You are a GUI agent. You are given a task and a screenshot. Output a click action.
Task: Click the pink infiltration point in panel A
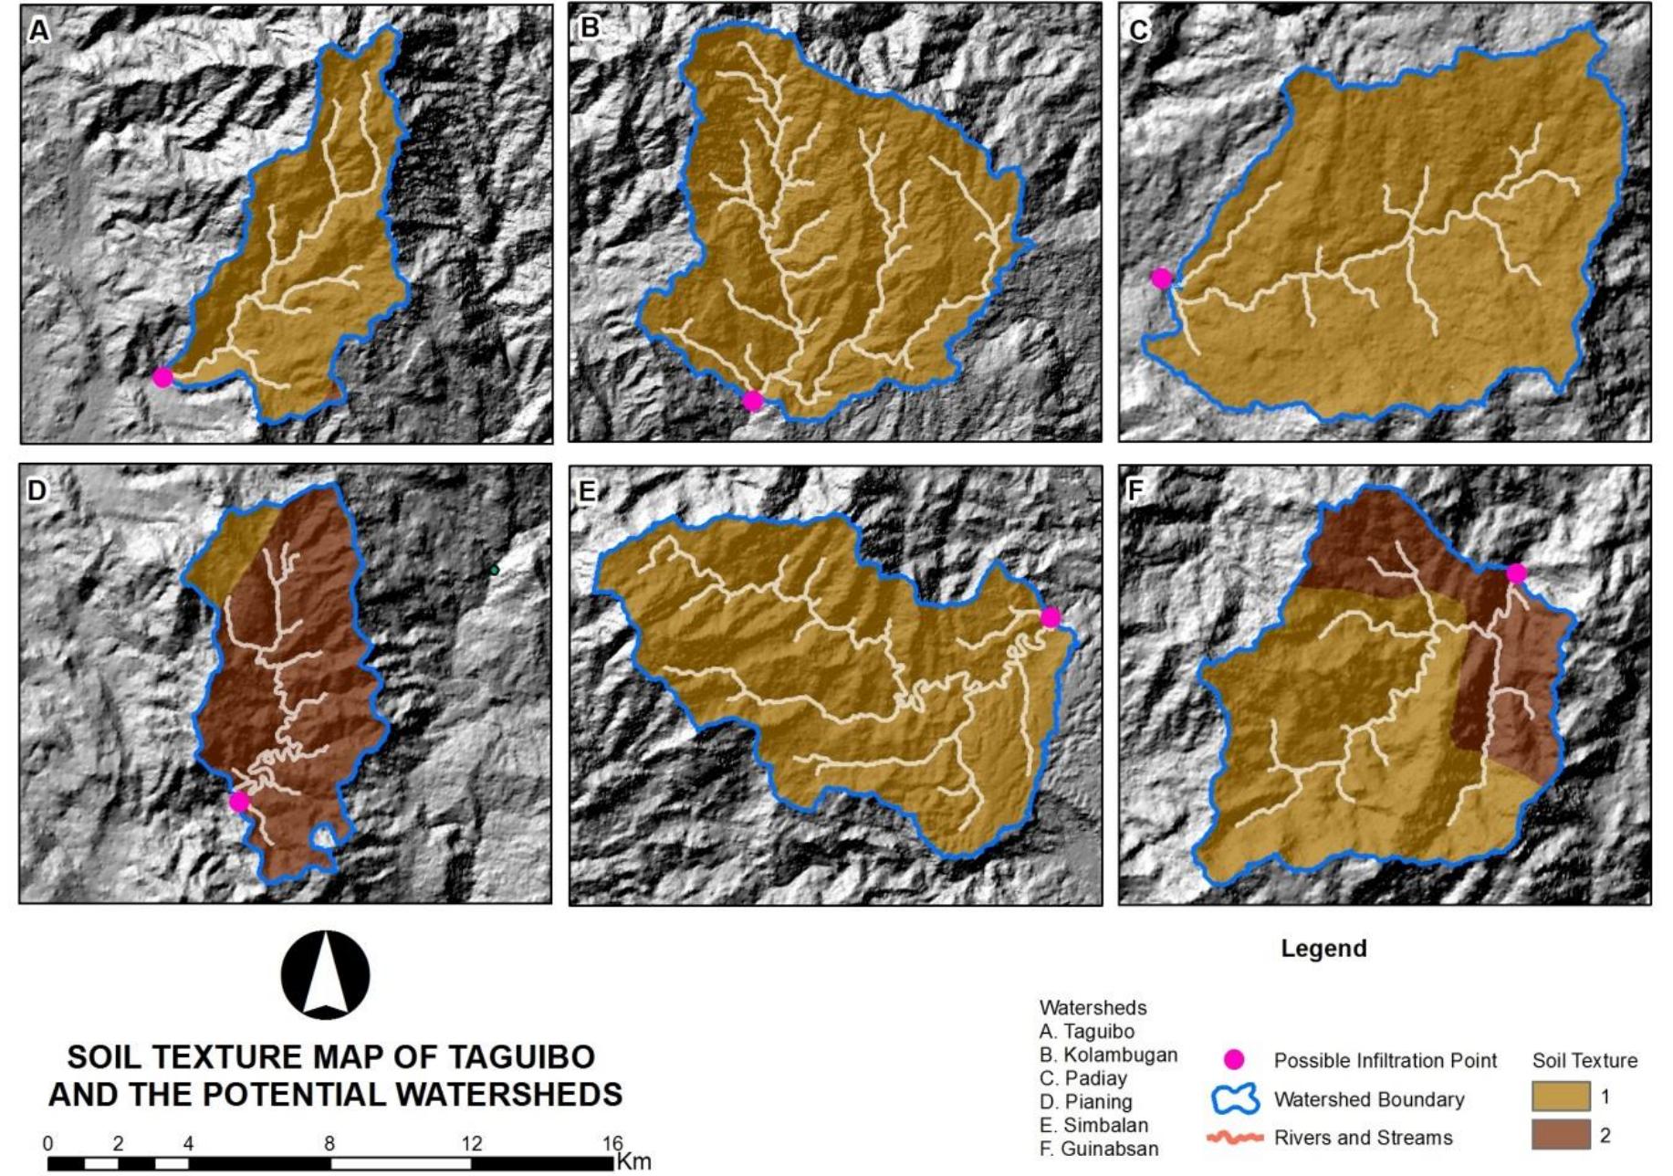click(162, 377)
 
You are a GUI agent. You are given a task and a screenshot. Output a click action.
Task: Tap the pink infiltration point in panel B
click(752, 401)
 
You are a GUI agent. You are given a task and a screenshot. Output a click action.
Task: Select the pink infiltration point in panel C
click(1161, 278)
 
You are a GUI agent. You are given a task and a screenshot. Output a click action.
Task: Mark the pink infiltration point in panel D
click(239, 802)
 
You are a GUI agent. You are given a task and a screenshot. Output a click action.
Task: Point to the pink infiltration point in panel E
click(1051, 617)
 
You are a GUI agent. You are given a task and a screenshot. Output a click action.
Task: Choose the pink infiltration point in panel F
click(1516, 573)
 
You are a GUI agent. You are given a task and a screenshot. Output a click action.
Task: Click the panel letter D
click(37, 490)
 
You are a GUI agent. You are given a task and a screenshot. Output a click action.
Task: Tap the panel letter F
click(1136, 490)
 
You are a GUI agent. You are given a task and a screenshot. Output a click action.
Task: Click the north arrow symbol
click(326, 975)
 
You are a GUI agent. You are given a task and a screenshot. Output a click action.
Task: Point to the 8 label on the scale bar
click(329, 1143)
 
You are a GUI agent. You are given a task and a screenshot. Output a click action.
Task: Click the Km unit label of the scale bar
click(633, 1161)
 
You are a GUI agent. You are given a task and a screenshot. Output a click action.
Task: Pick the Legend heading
click(1323, 948)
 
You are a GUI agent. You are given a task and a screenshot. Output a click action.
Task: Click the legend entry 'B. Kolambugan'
click(1108, 1055)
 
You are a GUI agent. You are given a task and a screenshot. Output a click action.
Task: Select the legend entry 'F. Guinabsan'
click(1099, 1149)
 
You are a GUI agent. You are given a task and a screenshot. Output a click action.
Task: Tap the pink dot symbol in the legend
click(1234, 1060)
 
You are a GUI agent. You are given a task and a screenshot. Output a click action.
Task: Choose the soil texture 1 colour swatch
click(1561, 1097)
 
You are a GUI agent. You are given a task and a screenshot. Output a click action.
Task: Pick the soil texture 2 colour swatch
click(1561, 1136)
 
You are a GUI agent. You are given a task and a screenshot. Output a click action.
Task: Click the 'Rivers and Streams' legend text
click(1364, 1138)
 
